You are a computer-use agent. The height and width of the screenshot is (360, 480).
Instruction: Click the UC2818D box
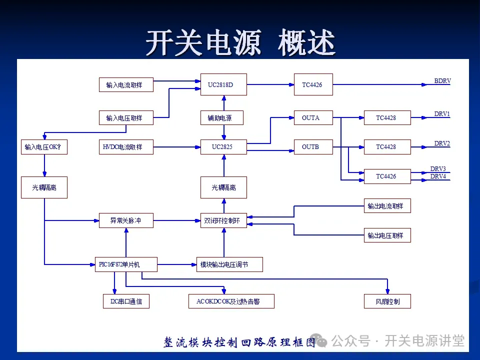(224, 84)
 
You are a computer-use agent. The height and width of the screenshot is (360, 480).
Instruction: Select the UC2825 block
(224, 147)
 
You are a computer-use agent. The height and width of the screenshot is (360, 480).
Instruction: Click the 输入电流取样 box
(126, 85)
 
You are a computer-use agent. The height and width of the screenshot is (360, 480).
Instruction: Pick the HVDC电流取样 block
(126, 147)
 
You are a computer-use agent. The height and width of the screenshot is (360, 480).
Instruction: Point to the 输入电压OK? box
(44, 147)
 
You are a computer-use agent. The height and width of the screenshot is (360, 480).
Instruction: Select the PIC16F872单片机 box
(126, 264)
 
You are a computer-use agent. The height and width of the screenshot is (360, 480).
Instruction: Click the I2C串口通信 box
(126, 301)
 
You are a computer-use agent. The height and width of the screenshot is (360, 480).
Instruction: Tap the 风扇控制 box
(387, 301)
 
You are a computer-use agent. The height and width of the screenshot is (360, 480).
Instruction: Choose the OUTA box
(313, 118)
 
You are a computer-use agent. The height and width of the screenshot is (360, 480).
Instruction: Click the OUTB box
(313, 147)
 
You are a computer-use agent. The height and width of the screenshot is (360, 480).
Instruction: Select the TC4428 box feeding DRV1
(387, 118)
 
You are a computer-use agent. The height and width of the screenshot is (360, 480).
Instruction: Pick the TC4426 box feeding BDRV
(313, 84)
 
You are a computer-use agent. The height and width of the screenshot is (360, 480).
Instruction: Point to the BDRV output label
(442, 81)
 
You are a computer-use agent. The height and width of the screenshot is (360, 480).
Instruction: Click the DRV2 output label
(442, 143)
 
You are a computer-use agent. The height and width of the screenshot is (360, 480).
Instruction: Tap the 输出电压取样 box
(387, 235)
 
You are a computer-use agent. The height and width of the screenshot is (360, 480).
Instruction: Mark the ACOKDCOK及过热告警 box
(231, 301)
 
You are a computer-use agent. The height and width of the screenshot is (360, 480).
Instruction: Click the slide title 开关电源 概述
(240, 42)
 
